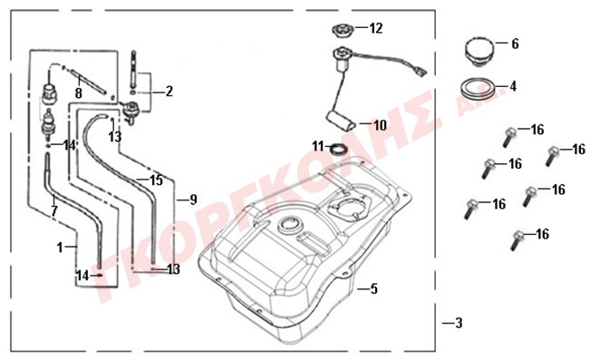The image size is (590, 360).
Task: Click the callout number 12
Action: click(x=376, y=28)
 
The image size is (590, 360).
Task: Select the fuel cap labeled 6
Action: click(x=479, y=52)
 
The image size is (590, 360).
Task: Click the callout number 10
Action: click(x=380, y=125)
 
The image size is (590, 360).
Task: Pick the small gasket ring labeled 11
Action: click(x=338, y=149)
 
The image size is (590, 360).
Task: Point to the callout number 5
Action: click(x=373, y=289)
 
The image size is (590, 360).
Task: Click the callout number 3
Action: click(x=459, y=323)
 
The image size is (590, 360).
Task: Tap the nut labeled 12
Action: click(x=343, y=30)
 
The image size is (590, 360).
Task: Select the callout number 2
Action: click(x=169, y=91)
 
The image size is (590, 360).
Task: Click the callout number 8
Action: click(x=78, y=93)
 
